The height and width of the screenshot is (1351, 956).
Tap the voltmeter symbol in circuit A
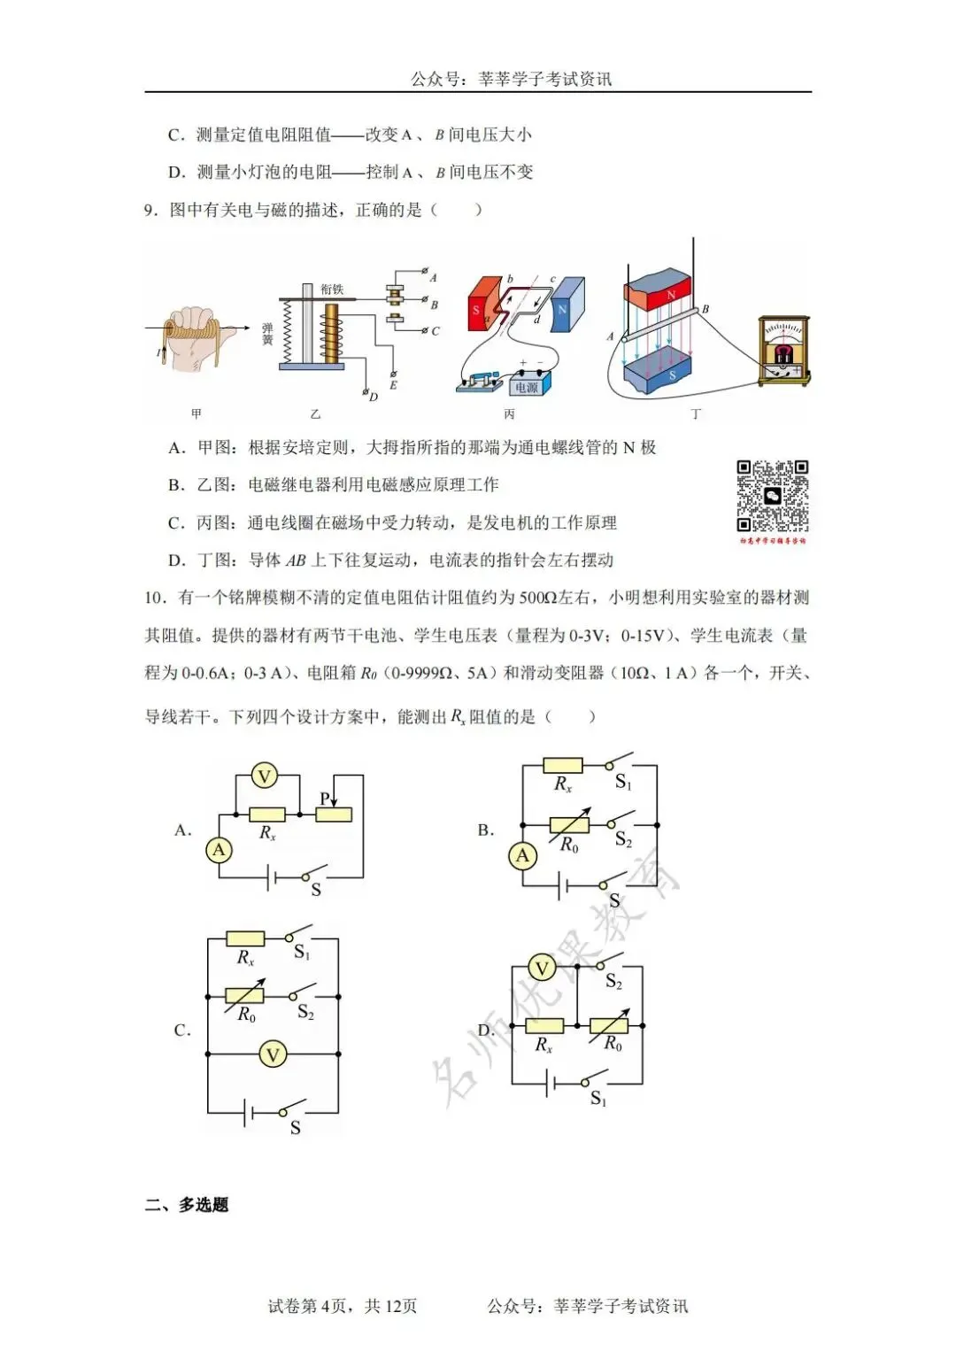264,776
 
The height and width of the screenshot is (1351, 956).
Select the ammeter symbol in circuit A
219,850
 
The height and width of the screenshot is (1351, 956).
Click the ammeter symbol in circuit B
522,855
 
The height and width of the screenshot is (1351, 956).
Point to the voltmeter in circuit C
273,1054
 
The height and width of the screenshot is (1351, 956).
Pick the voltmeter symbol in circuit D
542,969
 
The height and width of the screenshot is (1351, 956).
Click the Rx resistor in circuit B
562,766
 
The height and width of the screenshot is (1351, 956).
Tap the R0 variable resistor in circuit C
245,997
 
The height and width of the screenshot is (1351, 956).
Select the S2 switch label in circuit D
613,982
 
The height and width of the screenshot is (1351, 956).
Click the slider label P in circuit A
325,799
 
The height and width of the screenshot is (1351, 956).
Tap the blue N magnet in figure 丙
567,305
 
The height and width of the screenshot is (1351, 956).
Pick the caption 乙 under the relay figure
316,414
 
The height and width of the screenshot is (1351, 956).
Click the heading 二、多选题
187,1205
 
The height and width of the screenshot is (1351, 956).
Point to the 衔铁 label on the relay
332,289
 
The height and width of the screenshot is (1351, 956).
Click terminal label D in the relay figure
374,398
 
